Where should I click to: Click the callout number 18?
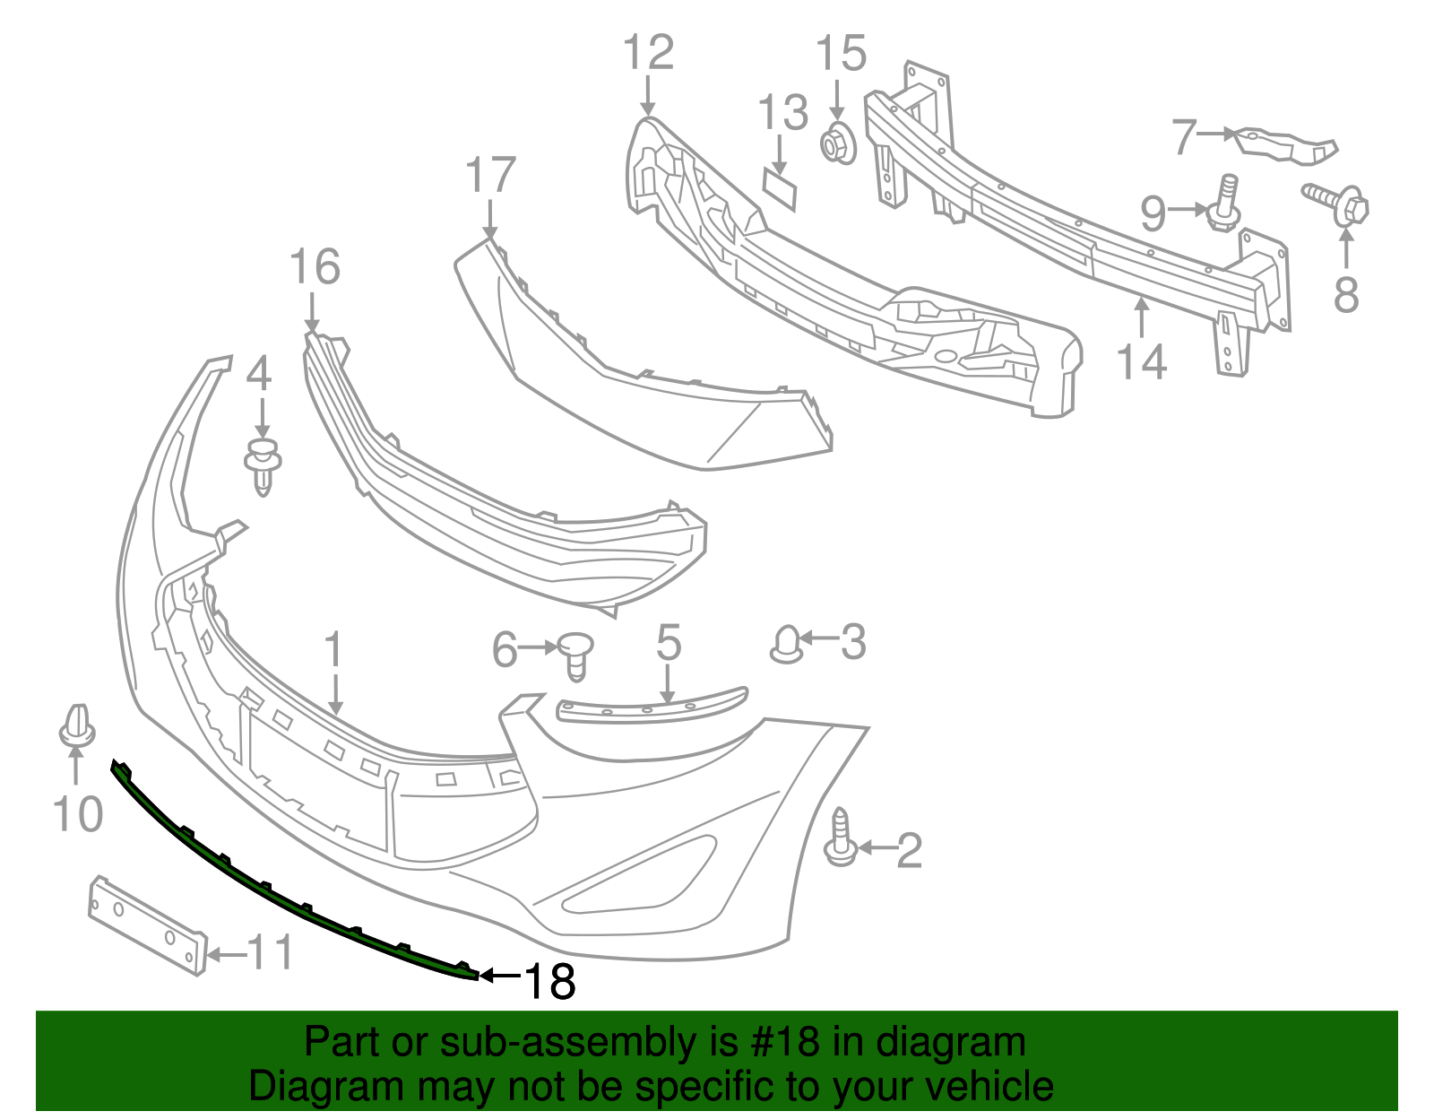tap(549, 981)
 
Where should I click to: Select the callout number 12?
tap(648, 53)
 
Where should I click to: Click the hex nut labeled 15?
tap(838, 143)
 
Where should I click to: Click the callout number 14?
tap(1141, 361)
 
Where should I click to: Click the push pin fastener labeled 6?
tap(576, 654)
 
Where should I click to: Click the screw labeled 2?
tap(840, 838)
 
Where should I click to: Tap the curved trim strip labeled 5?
tap(652, 708)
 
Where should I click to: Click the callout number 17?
tap(491, 176)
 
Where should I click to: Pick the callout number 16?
tap(315, 267)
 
